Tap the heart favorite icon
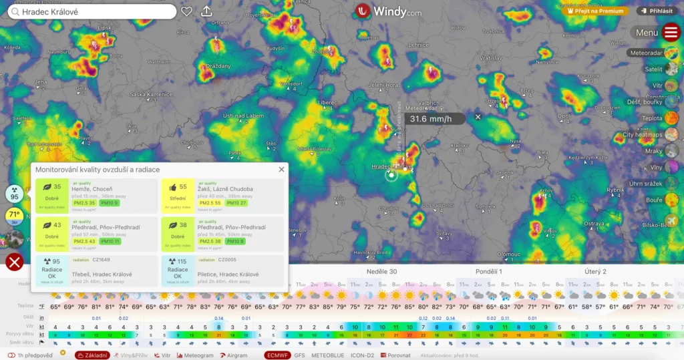click(x=187, y=11)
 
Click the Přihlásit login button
click(x=656, y=11)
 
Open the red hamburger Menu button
click(x=671, y=32)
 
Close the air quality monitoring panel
click(x=281, y=170)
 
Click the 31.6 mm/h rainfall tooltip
click(x=431, y=119)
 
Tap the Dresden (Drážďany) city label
click(x=218, y=66)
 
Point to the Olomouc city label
click(x=508, y=254)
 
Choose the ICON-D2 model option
click(x=363, y=355)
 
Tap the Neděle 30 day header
click(x=381, y=272)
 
